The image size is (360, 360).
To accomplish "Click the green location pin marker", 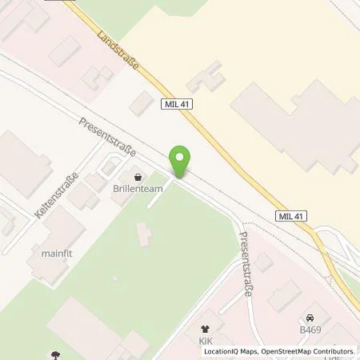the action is (x=182, y=161).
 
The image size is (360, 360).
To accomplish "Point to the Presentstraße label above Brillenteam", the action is (x=108, y=137).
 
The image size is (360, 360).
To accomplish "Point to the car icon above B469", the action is (x=310, y=316).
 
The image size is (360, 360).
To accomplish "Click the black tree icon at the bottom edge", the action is (x=55, y=354).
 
